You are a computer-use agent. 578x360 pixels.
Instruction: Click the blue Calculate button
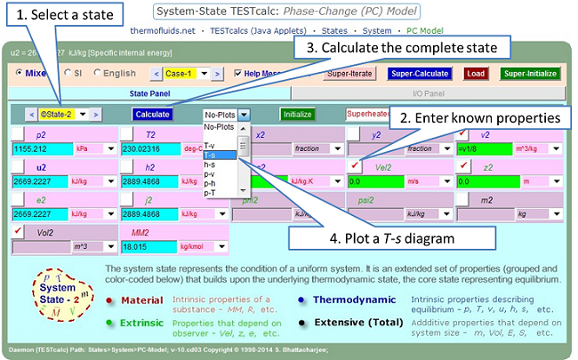[152, 115]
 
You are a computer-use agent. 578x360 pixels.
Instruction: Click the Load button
[474, 74]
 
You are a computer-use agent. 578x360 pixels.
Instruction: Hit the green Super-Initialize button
[531, 74]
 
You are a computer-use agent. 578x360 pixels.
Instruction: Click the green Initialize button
[297, 115]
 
